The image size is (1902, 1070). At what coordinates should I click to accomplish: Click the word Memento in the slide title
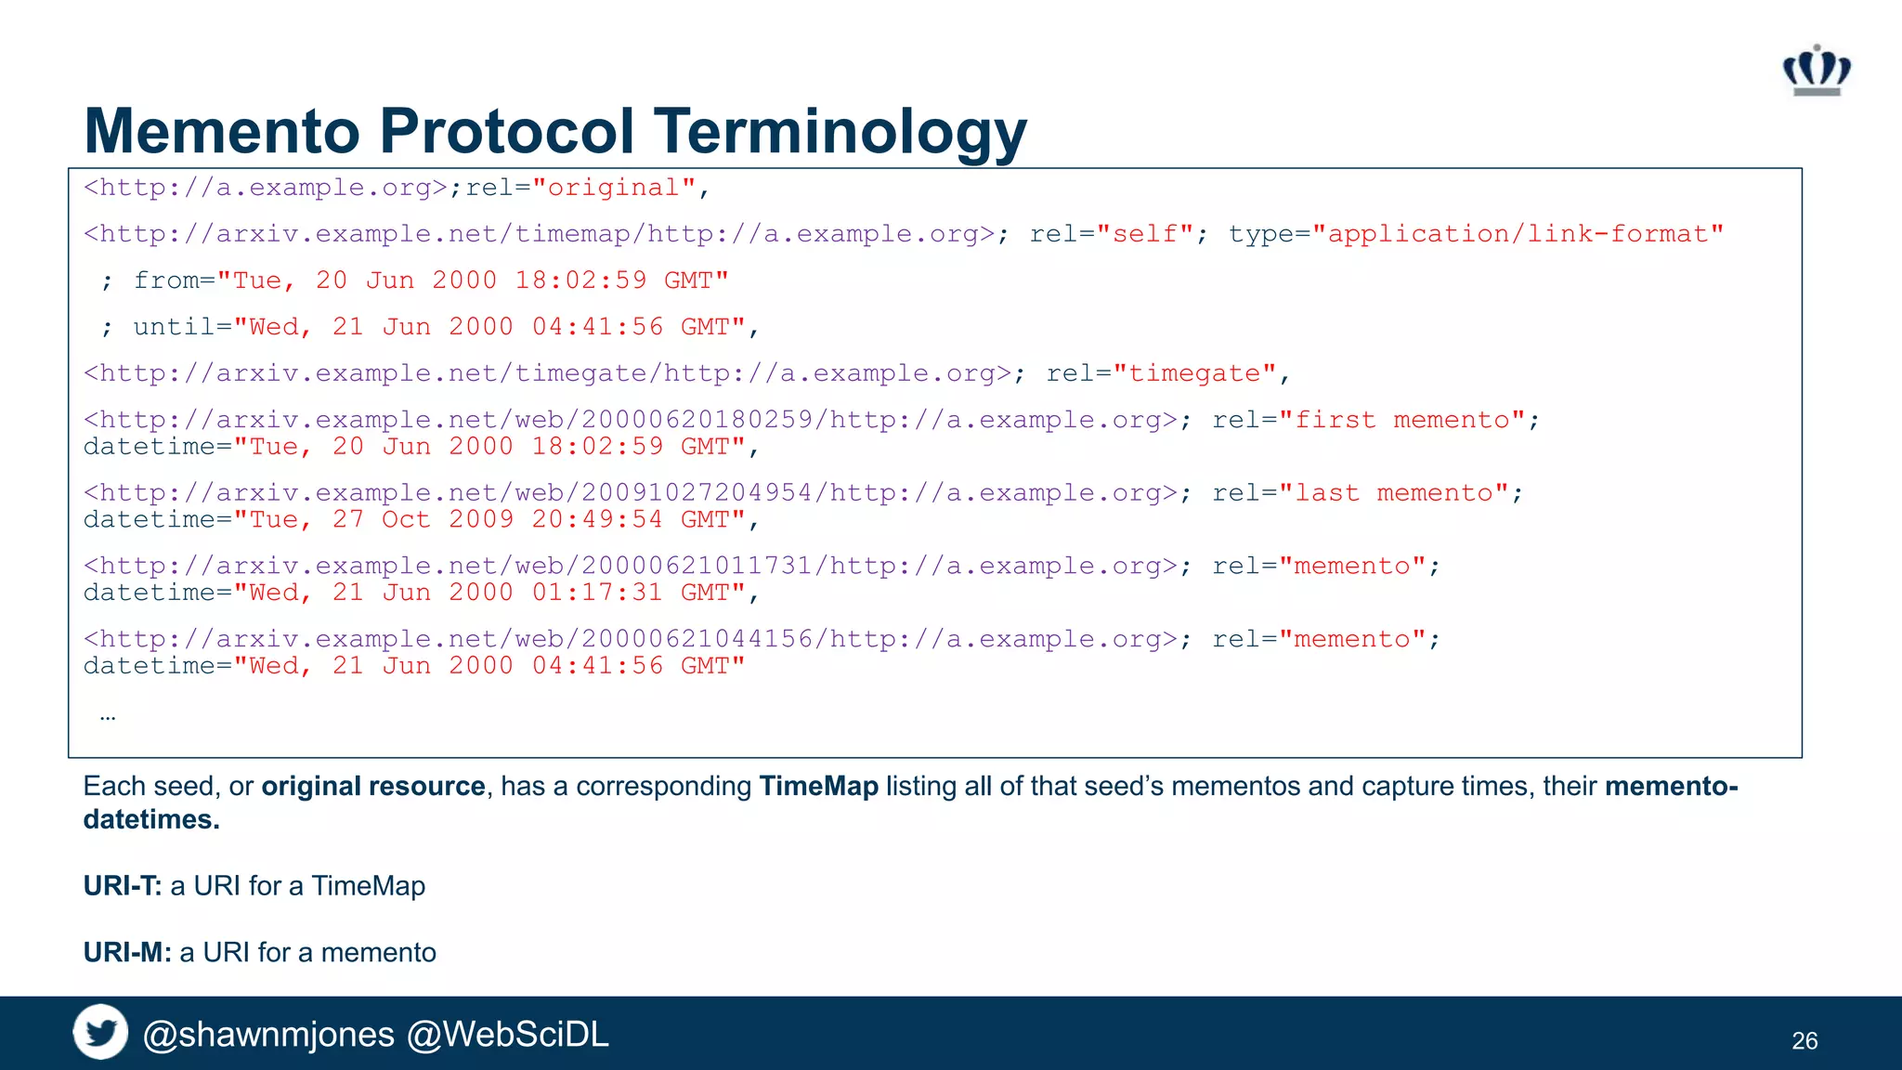221,131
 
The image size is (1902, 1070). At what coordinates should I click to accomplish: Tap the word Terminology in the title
840,131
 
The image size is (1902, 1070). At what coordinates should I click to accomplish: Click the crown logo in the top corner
1817,71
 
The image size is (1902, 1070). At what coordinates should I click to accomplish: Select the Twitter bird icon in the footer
100,1032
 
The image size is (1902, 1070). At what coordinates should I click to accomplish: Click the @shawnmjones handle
268,1035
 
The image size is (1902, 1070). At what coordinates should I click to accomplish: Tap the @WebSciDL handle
508,1035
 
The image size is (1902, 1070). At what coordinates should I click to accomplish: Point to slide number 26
1804,1041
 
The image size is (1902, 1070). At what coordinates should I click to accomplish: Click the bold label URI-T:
123,886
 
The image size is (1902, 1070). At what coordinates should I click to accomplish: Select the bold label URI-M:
127,953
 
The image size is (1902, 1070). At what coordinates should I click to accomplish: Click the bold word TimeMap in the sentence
818,787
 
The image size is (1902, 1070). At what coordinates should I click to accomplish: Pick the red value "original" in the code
614,188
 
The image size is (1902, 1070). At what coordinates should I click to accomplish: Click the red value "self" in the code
1145,234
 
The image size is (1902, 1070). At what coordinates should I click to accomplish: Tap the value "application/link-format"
1518,234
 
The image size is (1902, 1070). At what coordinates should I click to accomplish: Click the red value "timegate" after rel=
1194,373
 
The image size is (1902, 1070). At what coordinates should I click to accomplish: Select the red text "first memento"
1402,420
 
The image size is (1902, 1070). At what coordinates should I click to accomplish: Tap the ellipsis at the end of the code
108,716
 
